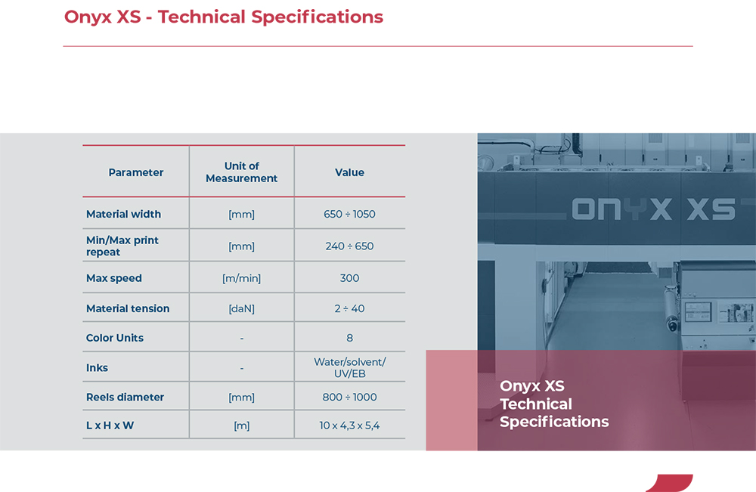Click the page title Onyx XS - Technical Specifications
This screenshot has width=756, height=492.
pyautogui.click(x=223, y=17)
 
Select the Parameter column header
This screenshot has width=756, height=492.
pyautogui.click(x=136, y=172)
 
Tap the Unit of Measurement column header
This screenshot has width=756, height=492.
pyautogui.click(x=242, y=172)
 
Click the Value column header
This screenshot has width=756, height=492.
pyautogui.click(x=349, y=172)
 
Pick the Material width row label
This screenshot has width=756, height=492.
pyautogui.click(x=123, y=214)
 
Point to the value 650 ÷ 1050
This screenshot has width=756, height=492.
pyautogui.click(x=349, y=214)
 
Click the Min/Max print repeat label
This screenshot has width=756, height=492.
pyautogui.click(x=122, y=246)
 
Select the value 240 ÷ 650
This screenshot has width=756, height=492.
pyautogui.click(x=349, y=246)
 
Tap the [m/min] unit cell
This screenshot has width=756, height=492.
pyautogui.click(x=242, y=278)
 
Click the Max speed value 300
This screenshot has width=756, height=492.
pyautogui.click(x=349, y=278)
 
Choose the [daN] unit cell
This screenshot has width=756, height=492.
pyautogui.click(x=242, y=308)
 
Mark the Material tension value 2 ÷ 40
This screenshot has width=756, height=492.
pyautogui.click(x=349, y=308)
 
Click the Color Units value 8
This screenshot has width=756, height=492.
pyautogui.click(x=349, y=338)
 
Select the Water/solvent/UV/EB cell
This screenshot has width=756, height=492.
pyautogui.click(x=349, y=367)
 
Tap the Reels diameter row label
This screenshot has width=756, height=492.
pyautogui.click(x=125, y=397)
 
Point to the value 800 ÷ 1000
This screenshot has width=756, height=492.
pyautogui.click(x=349, y=397)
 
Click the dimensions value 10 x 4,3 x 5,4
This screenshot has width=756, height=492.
pyautogui.click(x=349, y=425)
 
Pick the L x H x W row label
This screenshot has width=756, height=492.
pyautogui.click(x=110, y=425)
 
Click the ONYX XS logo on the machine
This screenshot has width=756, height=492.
pyautogui.click(x=653, y=209)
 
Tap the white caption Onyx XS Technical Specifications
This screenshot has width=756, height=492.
pyautogui.click(x=554, y=404)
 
